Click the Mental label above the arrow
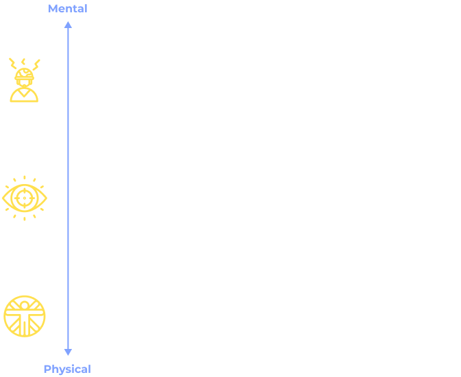67,9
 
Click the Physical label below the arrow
67,369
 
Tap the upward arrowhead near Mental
68,25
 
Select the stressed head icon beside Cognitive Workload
24,80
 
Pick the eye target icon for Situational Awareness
25,197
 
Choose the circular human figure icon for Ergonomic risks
25,315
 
